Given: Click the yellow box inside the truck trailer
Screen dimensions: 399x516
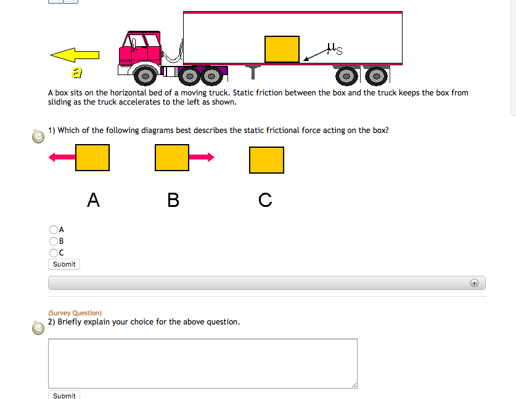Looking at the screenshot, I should click(282, 49).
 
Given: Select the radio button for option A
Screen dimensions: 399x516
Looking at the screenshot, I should click(53, 230).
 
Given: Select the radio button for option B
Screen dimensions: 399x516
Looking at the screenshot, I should click(53, 241).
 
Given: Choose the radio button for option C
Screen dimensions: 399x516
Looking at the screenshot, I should click(53, 252).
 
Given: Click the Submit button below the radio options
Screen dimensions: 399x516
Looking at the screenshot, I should click(64, 264).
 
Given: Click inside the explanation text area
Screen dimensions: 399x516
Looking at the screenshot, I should click(202, 363).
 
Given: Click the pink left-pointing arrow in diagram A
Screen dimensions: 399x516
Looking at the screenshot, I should click(62, 158).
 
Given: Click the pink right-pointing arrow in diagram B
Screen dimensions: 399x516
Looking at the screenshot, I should click(202, 158).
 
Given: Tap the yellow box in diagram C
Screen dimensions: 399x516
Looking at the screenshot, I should click(266, 160).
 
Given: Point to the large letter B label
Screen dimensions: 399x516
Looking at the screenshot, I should click(173, 200).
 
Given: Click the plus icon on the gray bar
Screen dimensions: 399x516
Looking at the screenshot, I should click(473, 283).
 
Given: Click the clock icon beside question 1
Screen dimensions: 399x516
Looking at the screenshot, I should click(38, 136).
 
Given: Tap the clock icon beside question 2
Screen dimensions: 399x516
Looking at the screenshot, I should click(38, 327).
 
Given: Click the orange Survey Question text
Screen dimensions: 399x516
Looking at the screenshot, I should click(75, 313).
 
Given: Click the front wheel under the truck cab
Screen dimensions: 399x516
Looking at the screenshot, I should click(145, 76).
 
